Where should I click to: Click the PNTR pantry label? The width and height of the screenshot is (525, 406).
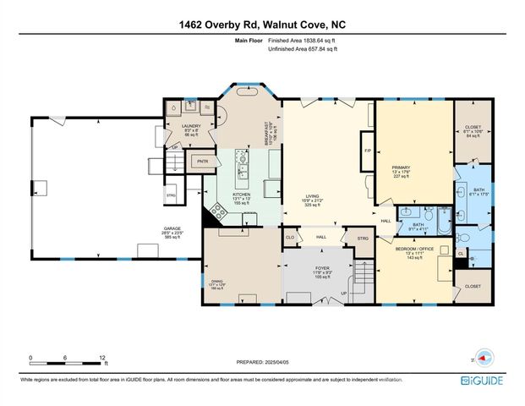pyautogui.click(x=203, y=160)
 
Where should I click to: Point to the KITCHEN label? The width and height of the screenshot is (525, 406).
pyautogui.click(x=243, y=197)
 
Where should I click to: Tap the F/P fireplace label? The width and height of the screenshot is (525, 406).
pyautogui.click(x=368, y=151)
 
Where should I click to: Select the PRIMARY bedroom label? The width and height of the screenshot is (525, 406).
pyautogui.click(x=401, y=168)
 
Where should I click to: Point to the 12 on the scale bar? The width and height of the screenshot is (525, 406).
pyautogui.click(x=103, y=359)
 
